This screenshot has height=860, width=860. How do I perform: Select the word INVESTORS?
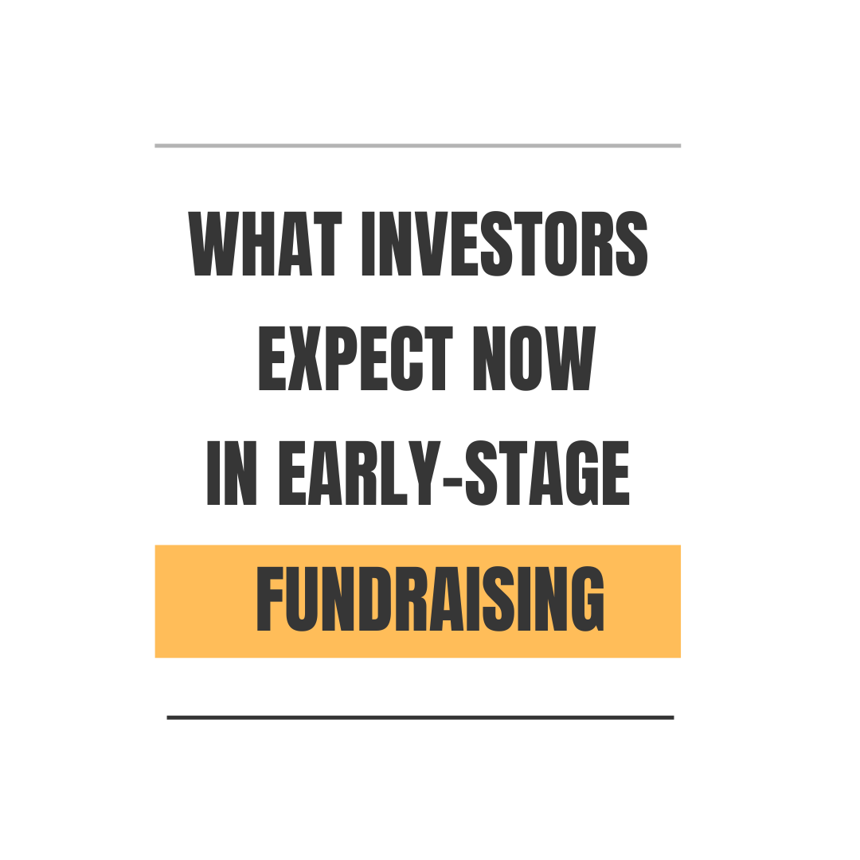(x=505, y=244)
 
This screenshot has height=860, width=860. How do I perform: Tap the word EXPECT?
(x=356, y=358)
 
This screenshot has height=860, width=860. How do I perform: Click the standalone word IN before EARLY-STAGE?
(x=232, y=472)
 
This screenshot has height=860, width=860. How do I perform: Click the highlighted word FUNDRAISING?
(x=430, y=599)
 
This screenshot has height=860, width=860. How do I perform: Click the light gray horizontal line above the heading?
(x=417, y=146)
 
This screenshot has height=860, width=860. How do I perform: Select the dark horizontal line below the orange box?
(x=420, y=717)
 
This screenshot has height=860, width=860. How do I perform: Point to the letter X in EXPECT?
(x=305, y=358)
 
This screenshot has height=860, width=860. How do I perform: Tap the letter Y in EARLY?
(x=425, y=472)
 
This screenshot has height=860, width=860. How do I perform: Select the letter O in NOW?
(x=526, y=358)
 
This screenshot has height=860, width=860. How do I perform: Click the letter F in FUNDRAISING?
(x=269, y=599)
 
